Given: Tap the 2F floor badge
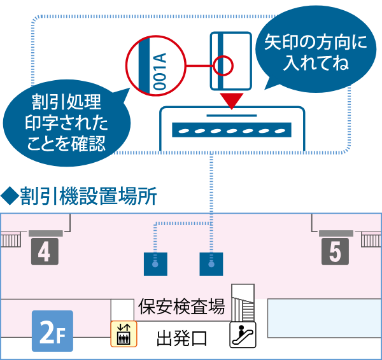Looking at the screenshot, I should click(x=52, y=331).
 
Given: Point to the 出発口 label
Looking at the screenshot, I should click(x=181, y=338).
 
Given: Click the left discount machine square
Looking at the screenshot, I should click(x=156, y=263).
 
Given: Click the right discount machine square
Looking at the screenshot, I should click(x=211, y=263).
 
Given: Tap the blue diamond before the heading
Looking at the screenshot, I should click(x=8, y=195).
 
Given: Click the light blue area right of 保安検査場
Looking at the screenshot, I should click(x=323, y=310).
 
